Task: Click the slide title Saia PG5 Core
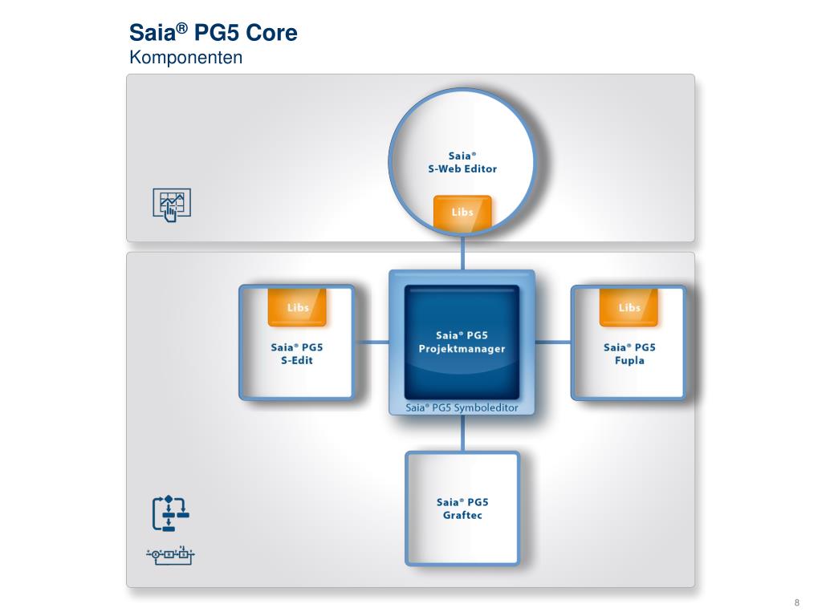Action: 214,34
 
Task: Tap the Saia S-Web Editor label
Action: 462,162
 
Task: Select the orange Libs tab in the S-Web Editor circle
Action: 462,212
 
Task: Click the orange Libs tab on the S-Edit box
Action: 297,307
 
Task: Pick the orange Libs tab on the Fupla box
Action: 629,307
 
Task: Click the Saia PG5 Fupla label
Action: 629,354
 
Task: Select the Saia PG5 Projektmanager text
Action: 462,342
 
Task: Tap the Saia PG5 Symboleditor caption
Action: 462,408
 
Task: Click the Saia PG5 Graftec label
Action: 462,509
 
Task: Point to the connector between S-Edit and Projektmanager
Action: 372,342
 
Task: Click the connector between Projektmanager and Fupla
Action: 552,342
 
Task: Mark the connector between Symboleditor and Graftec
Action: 462,434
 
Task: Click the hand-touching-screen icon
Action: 172,204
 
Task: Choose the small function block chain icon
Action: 170,553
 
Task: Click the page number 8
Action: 796,603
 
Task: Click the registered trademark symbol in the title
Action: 182,28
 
